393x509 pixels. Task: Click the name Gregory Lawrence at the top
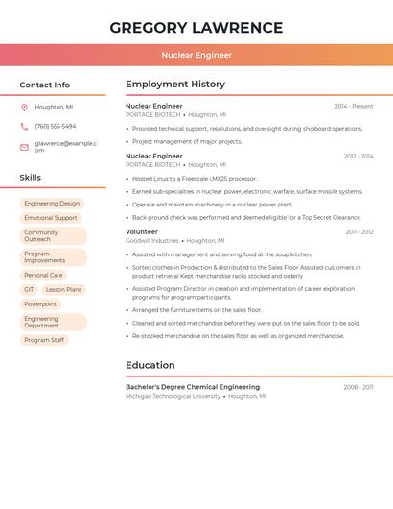pyautogui.click(x=196, y=28)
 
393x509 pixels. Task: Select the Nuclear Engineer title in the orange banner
pyautogui.click(x=196, y=55)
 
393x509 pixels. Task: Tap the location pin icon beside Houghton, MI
pyautogui.click(x=24, y=107)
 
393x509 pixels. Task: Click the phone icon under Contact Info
pyautogui.click(x=24, y=126)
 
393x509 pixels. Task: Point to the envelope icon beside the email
pyautogui.click(x=24, y=147)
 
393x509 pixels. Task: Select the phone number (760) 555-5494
pyautogui.click(x=56, y=126)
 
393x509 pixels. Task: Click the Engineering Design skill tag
pyautogui.click(x=52, y=204)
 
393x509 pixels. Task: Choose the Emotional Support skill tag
pyautogui.click(x=51, y=218)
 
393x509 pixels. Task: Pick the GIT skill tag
pyautogui.click(x=29, y=289)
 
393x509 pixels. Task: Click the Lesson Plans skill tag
pyautogui.click(x=63, y=289)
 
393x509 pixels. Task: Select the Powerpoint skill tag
pyautogui.click(x=40, y=303)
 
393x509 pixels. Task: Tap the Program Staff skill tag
pyautogui.click(x=44, y=340)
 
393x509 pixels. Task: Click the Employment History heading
pyautogui.click(x=175, y=85)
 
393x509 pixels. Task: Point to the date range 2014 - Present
pyautogui.click(x=354, y=106)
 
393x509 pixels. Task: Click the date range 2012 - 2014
pyautogui.click(x=358, y=156)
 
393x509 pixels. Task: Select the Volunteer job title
pyautogui.click(x=142, y=231)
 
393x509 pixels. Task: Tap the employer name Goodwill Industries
pyautogui.click(x=152, y=241)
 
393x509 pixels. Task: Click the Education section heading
pyautogui.click(x=150, y=365)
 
